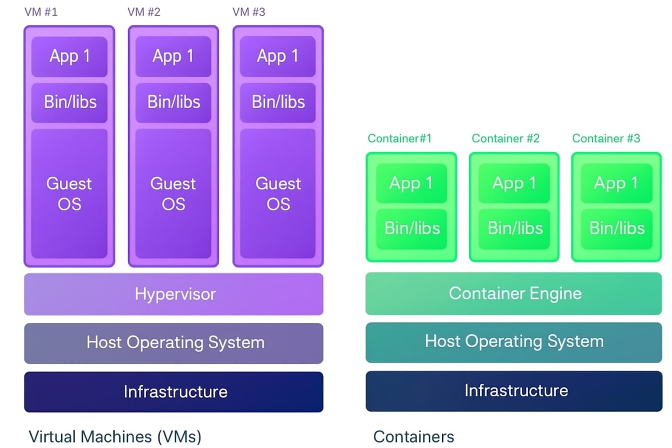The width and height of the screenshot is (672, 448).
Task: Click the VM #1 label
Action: click(x=41, y=12)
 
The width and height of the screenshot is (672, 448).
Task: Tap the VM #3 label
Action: click(x=248, y=12)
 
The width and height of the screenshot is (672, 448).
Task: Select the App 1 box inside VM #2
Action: click(x=173, y=56)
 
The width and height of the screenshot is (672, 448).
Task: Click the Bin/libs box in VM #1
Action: click(x=70, y=102)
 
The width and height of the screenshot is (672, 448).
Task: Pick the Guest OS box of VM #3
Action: click(x=278, y=193)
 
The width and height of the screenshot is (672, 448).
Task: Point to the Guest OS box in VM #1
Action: click(x=70, y=193)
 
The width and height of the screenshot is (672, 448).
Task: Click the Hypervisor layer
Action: click(x=174, y=294)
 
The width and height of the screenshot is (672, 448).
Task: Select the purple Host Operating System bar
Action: click(x=174, y=343)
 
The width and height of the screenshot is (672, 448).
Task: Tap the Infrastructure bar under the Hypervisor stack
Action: click(x=174, y=392)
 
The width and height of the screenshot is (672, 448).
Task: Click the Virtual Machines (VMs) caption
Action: click(x=115, y=437)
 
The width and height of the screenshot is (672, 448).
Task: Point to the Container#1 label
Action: click(x=399, y=139)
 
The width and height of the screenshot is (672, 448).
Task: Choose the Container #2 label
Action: click(x=505, y=139)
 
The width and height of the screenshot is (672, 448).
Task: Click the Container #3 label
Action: click(x=606, y=139)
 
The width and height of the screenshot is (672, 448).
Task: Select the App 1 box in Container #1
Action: click(x=411, y=183)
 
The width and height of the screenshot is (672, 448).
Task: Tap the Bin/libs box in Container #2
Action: click(x=514, y=229)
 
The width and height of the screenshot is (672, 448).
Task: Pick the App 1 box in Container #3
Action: click(x=616, y=183)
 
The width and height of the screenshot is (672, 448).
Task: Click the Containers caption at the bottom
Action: click(x=413, y=437)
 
